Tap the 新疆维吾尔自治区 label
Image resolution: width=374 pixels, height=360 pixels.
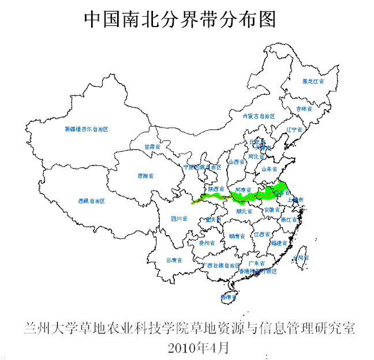coord(87,129)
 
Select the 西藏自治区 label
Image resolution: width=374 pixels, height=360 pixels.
coord(91,201)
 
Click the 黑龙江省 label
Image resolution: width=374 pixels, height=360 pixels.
coord(313,82)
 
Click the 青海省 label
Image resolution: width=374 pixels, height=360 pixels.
coord(145,176)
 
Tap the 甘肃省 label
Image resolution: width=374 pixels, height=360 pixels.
coord(152,147)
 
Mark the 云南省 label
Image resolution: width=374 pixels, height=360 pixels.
coord(174,260)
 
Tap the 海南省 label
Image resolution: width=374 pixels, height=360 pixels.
coord(229,298)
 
